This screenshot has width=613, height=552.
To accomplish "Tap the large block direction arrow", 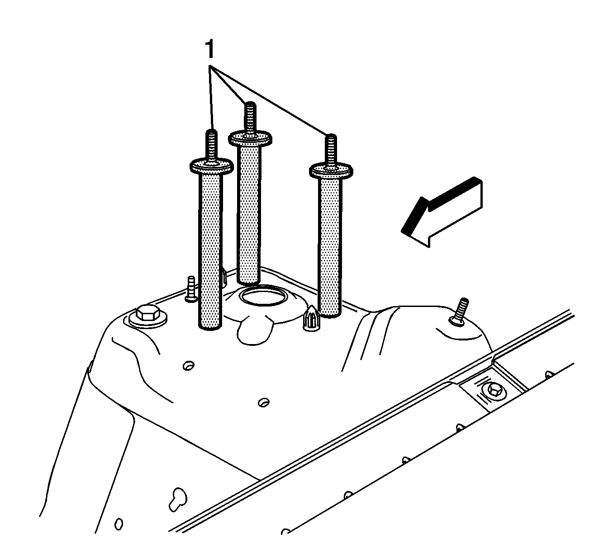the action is [x=442, y=212].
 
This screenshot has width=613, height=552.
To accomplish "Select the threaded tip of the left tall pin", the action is [x=211, y=145].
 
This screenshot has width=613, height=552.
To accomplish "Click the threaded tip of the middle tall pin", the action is [x=250, y=117].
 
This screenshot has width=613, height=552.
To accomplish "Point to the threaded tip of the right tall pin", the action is [x=331, y=150].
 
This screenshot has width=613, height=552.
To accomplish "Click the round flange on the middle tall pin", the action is [x=250, y=138].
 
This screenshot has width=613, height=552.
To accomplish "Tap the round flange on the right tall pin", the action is [x=331, y=171].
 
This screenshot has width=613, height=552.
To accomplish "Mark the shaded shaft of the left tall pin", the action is [x=210, y=250].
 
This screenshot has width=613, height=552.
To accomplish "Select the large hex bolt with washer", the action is [x=147, y=316].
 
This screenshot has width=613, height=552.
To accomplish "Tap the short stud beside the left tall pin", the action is [x=191, y=289].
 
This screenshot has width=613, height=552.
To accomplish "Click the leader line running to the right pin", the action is [x=268, y=100].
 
